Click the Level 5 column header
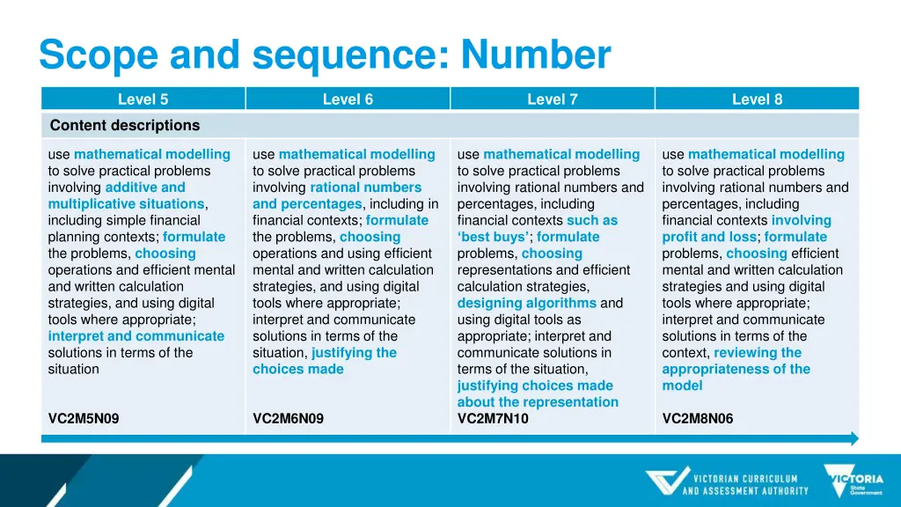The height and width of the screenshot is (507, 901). (143, 99)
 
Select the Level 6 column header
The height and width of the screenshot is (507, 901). (348, 99)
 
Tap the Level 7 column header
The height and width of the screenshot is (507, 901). (553, 99)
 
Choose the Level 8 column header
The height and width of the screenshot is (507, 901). (757, 99)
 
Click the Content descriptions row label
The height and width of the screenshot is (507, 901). (125, 125)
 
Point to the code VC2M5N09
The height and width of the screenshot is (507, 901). (84, 419)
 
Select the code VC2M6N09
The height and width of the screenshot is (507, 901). (288, 419)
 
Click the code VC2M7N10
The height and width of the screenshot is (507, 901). (493, 419)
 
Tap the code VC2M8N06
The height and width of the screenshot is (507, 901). (698, 419)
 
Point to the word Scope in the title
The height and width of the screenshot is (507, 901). (99, 55)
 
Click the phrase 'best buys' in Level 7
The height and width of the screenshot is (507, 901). (493, 237)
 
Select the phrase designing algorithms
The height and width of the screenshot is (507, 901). (527, 303)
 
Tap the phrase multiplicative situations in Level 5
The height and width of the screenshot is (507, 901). (126, 204)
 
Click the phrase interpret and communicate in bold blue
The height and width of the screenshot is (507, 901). (136, 336)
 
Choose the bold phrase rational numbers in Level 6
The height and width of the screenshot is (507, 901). (365, 187)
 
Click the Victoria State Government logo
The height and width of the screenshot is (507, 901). (853, 481)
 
